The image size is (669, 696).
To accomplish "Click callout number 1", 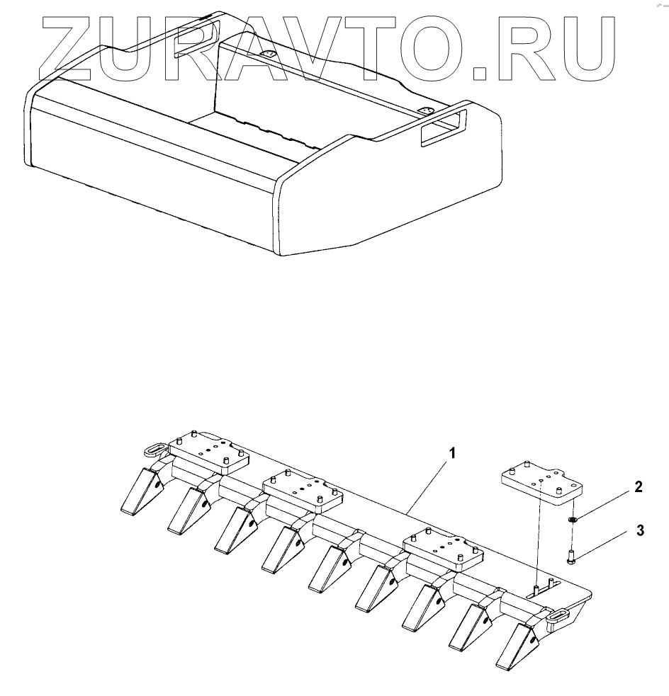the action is (x=451, y=451).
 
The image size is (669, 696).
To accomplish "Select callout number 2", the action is (x=639, y=486).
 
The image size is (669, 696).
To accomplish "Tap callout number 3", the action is (x=639, y=530).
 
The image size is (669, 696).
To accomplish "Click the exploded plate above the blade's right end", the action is (x=542, y=482).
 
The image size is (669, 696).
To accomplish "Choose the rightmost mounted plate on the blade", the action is (x=442, y=548).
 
